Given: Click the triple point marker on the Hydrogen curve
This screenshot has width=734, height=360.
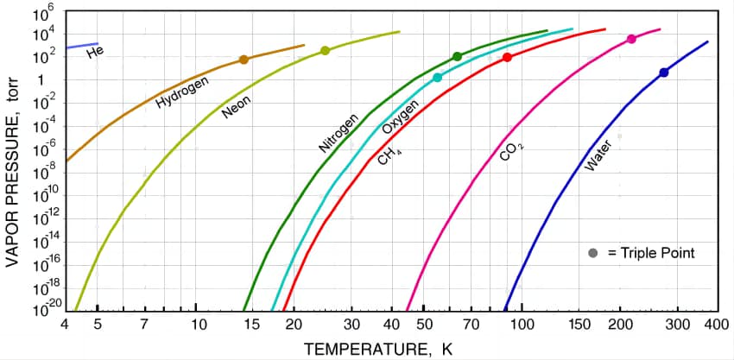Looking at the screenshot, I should click(x=244, y=60).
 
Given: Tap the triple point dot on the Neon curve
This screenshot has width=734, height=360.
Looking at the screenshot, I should click(x=326, y=51).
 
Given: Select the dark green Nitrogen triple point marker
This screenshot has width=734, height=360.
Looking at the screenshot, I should click(x=457, y=57).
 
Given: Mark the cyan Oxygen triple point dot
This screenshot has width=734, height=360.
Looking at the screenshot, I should click(x=437, y=78).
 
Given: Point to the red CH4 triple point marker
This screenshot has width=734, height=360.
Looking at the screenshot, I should click(x=507, y=58).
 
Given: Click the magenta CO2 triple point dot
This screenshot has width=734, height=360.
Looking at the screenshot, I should click(x=631, y=39).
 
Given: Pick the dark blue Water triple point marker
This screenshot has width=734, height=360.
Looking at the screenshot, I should click(x=663, y=73).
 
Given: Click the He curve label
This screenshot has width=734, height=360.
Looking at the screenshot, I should click(x=95, y=54).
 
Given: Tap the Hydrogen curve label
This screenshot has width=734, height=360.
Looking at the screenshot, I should click(x=182, y=92).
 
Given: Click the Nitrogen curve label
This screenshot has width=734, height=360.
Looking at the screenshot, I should click(x=339, y=134).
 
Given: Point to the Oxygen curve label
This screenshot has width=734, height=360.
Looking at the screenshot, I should click(x=401, y=117).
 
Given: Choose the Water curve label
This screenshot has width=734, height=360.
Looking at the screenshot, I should click(x=598, y=155).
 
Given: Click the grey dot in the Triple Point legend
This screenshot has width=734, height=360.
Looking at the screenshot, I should click(x=592, y=253).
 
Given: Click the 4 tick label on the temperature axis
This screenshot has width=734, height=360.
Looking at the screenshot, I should click(x=66, y=325).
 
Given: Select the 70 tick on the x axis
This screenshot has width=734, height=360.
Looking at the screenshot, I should click(x=471, y=325).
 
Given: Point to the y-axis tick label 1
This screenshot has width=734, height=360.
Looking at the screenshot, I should click(x=41, y=80).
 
